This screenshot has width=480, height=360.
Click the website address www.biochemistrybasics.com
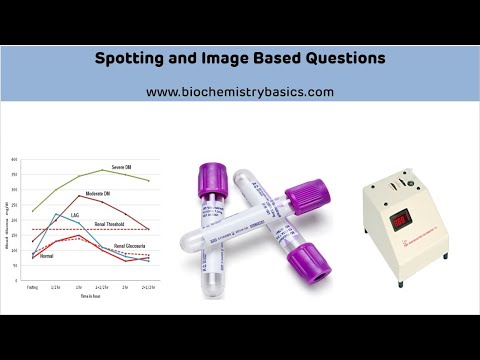[x=239, y=92]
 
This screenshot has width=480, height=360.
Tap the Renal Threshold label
[x=111, y=225]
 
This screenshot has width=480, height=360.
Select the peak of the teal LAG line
[x=58, y=213]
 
